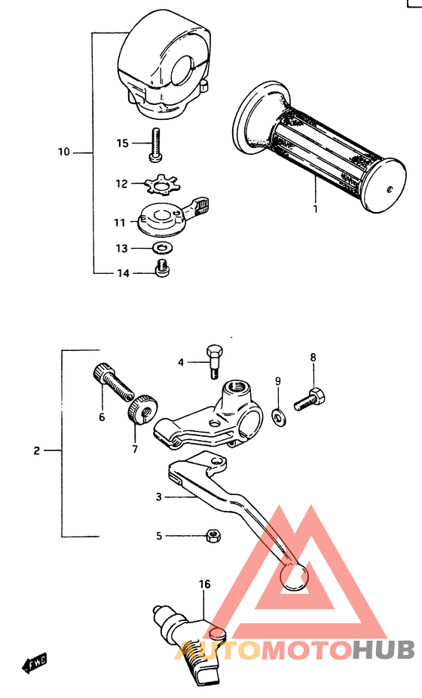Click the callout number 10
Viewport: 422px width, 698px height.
tap(63, 152)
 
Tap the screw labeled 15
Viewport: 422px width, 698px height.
tap(155, 145)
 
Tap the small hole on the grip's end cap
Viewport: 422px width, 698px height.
tap(390, 189)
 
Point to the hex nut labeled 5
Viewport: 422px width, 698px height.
tap(213, 535)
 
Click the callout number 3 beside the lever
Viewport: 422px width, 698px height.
tap(159, 497)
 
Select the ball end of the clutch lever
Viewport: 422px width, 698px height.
tap(293, 577)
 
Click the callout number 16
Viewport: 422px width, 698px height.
tap(204, 584)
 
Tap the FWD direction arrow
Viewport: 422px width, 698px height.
tap(34, 663)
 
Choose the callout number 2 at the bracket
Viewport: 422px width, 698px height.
tap(36, 451)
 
